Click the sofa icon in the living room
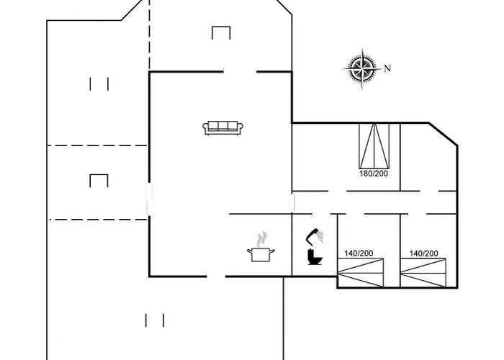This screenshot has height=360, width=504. pyautogui.click(x=222, y=128)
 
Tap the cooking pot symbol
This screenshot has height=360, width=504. pyautogui.click(x=261, y=254)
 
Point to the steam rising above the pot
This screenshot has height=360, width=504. pyautogui.click(x=262, y=238)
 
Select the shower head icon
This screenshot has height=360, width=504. pyautogui.click(x=315, y=236)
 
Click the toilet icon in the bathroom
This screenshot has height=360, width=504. pyautogui.click(x=315, y=257)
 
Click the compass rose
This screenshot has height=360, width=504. pyautogui.click(x=363, y=68)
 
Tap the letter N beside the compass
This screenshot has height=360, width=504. pyautogui.click(x=387, y=68)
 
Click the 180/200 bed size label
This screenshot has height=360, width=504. pyautogui.click(x=374, y=174)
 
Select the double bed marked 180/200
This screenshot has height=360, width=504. pyautogui.click(x=374, y=145)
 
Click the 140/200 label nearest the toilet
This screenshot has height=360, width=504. pyautogui.click(x=359, y=253)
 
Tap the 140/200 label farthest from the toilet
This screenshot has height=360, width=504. pyautogui.click(x=423, y=253)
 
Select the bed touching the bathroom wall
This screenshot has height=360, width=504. pyautogui.click(x=360, y=273)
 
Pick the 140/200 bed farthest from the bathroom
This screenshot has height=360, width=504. pyautogui.click(x=423, y=273)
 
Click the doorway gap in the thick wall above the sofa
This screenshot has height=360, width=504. pyautogui.click(x=240, y=72)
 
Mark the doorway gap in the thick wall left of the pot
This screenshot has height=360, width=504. pyautogui.click(x=216, y=276)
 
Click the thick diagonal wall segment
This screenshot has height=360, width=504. pyautogui.click(x=443, y=134)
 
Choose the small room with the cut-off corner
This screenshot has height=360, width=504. pyautogui.click(x=428, y=157)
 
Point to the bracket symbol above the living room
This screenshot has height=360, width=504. pyautogui.click(x=221, y=33)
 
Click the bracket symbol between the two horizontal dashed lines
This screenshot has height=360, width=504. pyautogui.click(x=99, y=181)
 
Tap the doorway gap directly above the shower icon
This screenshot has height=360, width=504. pyautogui.click(x=321, y=213)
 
